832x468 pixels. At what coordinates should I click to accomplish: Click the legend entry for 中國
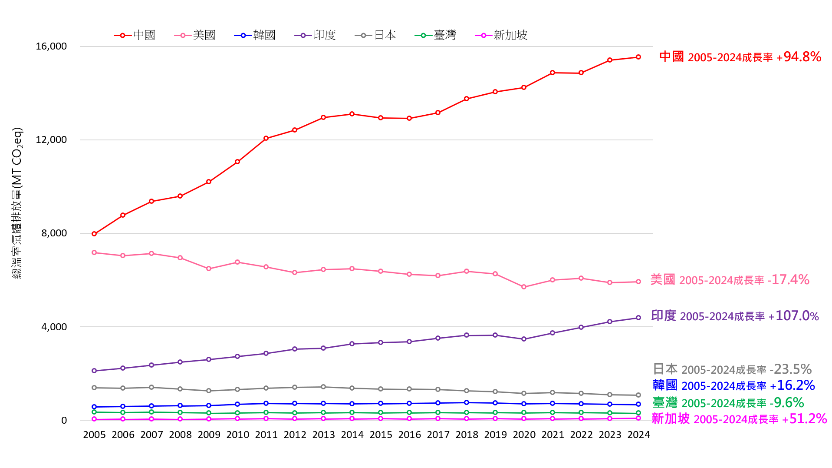coord(135,35)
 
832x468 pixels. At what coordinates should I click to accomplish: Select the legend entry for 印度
coord(316,35)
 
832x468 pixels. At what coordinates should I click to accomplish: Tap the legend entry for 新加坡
coord(502,35)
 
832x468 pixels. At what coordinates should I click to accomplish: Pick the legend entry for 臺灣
coord(436,35)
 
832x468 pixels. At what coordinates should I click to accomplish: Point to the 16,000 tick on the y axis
coord(51,46)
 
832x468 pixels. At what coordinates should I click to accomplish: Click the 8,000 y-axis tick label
coord(54,233)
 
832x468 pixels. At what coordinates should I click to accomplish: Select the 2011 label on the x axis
coord(266,435)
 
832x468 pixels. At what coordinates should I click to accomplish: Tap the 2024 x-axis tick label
coord(638,435)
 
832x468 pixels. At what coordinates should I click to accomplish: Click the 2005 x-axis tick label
coord(94,435)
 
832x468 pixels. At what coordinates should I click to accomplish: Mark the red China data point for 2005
coord(94,234)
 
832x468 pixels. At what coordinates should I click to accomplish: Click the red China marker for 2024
coord(638,57)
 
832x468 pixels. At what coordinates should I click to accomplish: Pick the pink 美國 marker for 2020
coord(524,287)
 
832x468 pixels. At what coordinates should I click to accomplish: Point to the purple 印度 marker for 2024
coord(638,318)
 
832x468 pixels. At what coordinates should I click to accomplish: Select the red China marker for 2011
coord(266,138)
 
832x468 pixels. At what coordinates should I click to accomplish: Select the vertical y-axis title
coord(17,203)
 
